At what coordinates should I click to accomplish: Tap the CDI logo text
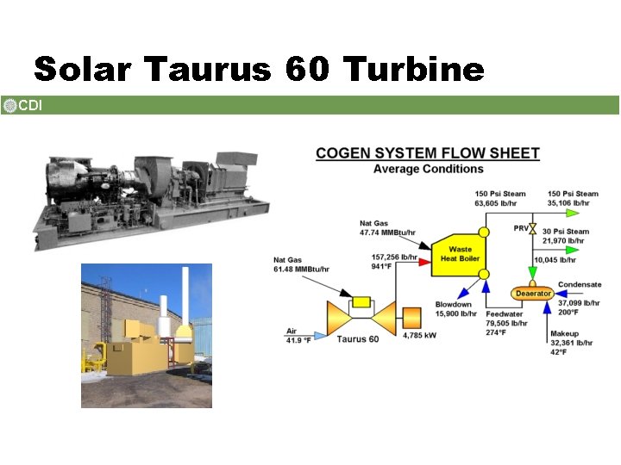click(30, 106)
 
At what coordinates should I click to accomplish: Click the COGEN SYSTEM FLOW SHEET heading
click(428, 153)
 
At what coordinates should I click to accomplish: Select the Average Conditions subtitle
click(428, 169)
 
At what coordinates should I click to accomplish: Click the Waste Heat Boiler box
click(460, 254)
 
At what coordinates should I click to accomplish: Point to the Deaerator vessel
click(533, 294)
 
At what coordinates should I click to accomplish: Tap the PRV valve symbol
click(533, 229)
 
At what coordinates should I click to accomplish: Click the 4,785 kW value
click(419, 336)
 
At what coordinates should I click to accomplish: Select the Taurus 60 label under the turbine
click(357, 339)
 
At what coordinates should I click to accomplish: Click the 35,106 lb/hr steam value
click(573, 204)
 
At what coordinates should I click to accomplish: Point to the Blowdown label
click(453, 304)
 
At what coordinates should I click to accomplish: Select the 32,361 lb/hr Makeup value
click(572, 343)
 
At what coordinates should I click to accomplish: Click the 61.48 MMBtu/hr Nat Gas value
click(301, 270)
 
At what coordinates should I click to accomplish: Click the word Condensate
click(580, 284)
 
